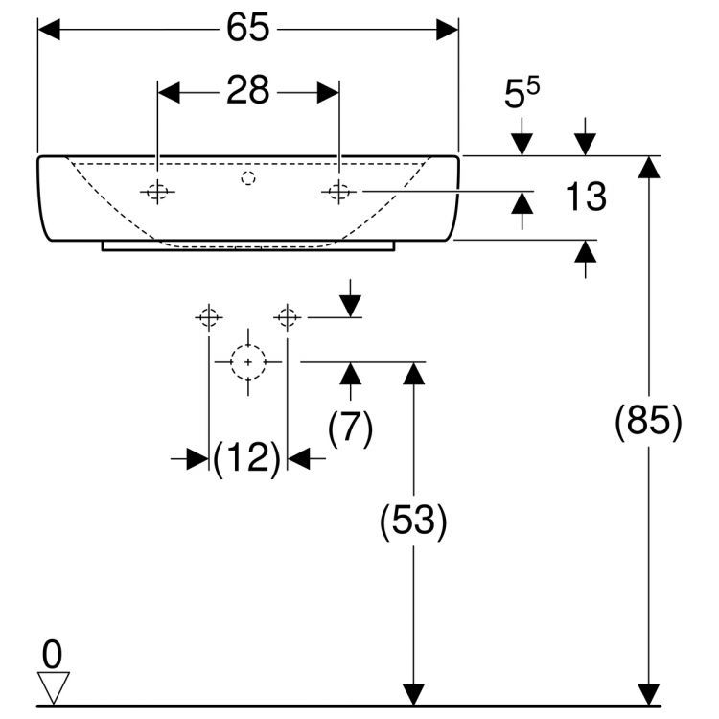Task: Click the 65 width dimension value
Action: point(248,30)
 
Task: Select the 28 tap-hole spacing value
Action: point(248,92)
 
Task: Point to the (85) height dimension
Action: point(649,423)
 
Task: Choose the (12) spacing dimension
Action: point(247,459)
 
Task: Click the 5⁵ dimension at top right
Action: point(522,94)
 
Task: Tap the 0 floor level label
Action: point(53,655)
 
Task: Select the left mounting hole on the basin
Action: point(158,192)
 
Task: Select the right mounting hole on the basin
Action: point(337,192)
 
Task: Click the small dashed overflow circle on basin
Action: point(248,177)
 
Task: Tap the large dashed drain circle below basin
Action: point(248,362)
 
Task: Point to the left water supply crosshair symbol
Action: point(209,316)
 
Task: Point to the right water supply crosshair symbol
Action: point(288,316)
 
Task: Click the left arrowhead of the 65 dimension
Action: point(49,30)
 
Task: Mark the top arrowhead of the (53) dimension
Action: point(413,374)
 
